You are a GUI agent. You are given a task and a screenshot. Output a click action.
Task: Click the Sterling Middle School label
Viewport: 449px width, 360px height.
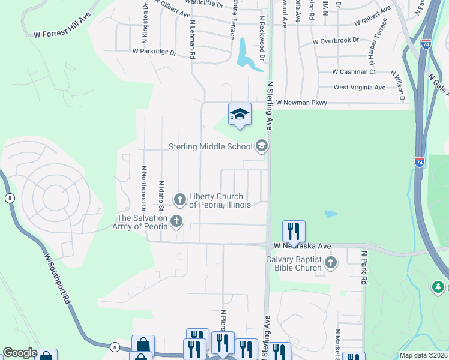pos(210,146)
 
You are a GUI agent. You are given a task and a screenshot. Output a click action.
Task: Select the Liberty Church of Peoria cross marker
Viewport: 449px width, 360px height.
pos(179,199)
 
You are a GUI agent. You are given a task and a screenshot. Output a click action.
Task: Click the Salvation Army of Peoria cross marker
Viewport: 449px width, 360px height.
pos(176,222)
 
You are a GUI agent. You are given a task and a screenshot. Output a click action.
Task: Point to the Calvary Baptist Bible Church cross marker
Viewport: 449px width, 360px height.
pos(331,262)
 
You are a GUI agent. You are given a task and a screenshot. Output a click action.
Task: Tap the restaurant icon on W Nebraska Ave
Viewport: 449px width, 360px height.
pos(294,230)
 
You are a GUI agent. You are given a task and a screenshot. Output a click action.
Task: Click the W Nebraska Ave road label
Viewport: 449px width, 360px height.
pos(303,246)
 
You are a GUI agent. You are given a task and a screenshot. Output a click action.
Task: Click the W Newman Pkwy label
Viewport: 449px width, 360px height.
pos(301,103)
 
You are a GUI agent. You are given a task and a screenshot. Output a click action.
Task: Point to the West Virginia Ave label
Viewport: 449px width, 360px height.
pos(359,87)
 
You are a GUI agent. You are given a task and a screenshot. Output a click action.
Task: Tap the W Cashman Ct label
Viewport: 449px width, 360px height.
pos(354,71)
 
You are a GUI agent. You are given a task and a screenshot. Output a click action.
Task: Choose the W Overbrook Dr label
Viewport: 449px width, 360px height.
pos(336,41)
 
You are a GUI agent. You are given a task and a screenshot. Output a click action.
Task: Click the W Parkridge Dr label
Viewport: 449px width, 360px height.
pos(154,52)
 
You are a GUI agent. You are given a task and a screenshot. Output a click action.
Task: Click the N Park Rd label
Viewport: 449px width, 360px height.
pos(364,267)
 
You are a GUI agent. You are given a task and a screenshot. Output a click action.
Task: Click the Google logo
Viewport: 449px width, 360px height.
pos(20,353)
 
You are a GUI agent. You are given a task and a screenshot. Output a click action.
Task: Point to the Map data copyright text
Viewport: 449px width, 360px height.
pos(424,355)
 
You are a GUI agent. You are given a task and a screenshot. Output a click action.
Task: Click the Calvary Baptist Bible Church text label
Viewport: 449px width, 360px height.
pos(294,263)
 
